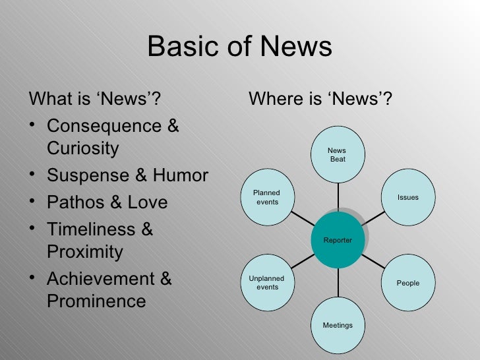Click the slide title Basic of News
point(239,47)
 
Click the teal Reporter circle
point(338,240)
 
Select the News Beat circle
point(338,155)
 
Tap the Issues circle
point(408,197)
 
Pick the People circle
point(408,283)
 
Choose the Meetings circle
point(338,325)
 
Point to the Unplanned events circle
point(268,283)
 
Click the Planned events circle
point(268,197)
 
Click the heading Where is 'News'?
point(320,100)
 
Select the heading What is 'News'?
point(95,100)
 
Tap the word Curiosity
point(83,148)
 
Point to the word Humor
point(181,175)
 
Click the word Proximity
point(85,252)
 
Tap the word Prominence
point(96,301)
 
